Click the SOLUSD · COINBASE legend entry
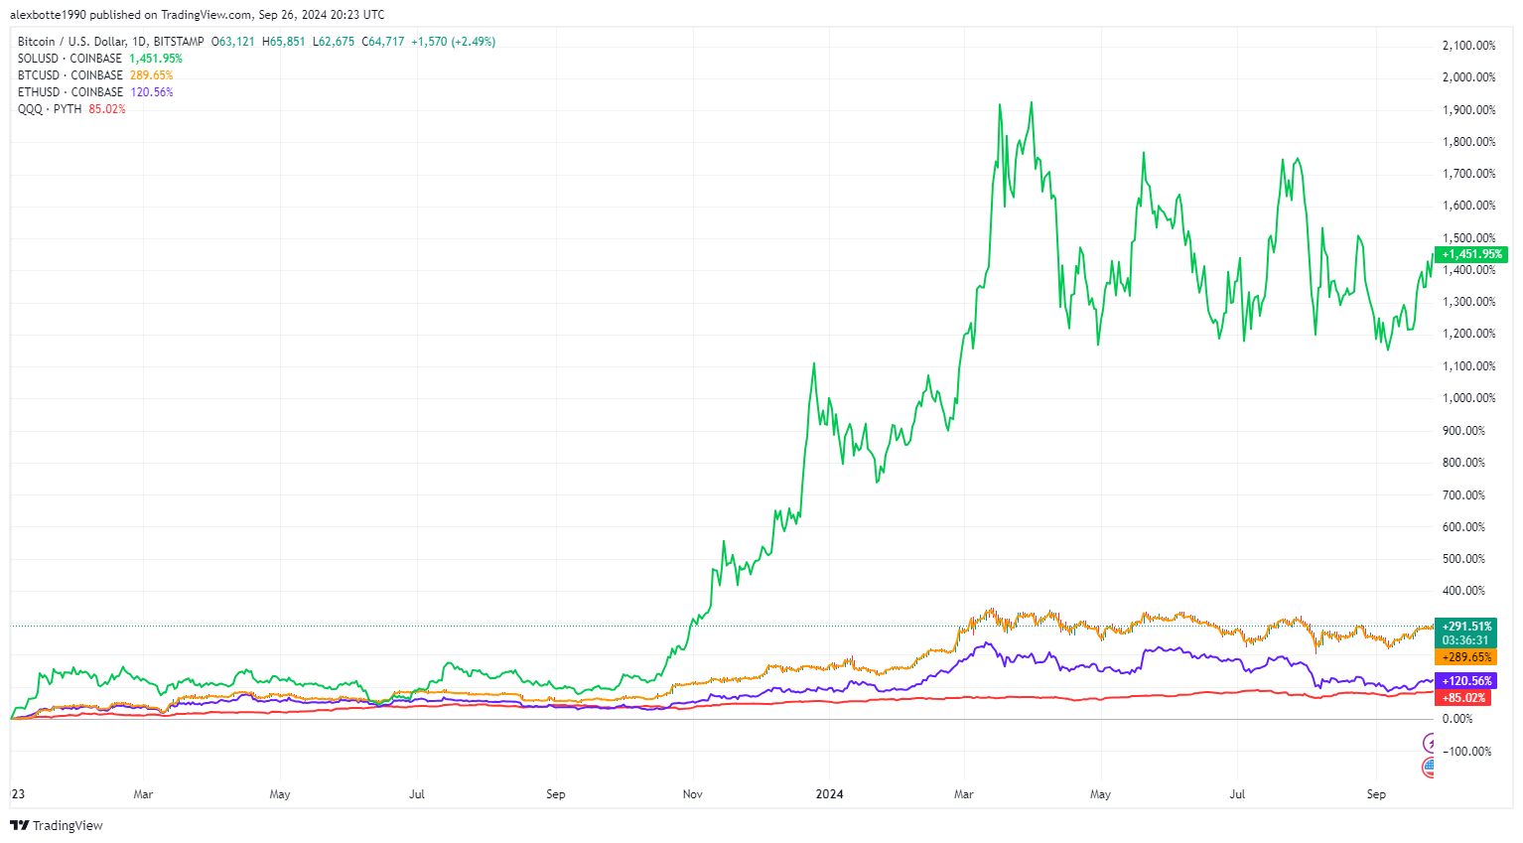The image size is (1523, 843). point(69,59)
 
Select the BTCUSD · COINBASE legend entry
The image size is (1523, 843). point(69,75)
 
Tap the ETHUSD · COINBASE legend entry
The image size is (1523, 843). point(69,92)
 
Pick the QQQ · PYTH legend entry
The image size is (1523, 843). point(50,109)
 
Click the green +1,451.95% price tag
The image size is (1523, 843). point(1471,254)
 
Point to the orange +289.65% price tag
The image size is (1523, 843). point(1466,657)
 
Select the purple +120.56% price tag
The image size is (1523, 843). point(1466,681)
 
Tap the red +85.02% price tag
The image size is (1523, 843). point(1464,698)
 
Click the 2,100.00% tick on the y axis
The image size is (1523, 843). point(1468,46)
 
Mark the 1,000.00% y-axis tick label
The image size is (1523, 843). point(1468,398)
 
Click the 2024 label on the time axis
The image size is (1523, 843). point(829,794)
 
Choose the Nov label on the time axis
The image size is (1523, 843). point(692,794)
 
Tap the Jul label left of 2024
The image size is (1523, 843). point(417,794)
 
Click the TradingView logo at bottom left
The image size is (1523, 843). point(57,826)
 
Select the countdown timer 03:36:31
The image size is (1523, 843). point(1466,640)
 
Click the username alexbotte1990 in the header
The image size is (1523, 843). point(48,15)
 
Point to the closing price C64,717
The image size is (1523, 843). point(383,42)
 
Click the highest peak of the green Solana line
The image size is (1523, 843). point(1032,102)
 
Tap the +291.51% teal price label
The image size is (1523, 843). point(1466,627)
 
